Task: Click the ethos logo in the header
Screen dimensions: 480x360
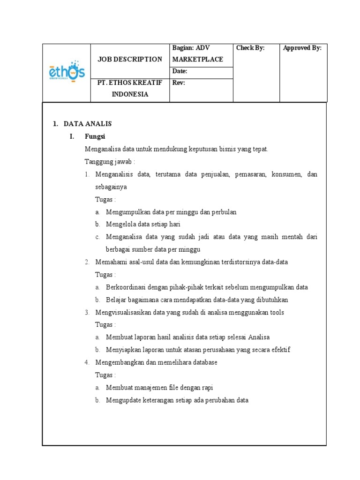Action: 67,73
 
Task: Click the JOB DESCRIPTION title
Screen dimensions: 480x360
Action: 129,60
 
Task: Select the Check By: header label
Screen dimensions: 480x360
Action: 250,48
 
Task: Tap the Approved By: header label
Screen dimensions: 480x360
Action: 302,48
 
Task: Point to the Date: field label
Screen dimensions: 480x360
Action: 180,71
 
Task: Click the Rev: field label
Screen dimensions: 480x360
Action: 179,83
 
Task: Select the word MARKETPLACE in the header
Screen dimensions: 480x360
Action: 197,60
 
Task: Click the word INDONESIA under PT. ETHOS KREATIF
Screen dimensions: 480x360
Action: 130,94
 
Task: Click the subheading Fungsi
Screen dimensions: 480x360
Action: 95,136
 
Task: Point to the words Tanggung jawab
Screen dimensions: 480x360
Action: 109,162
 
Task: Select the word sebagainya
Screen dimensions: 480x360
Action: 111,187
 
